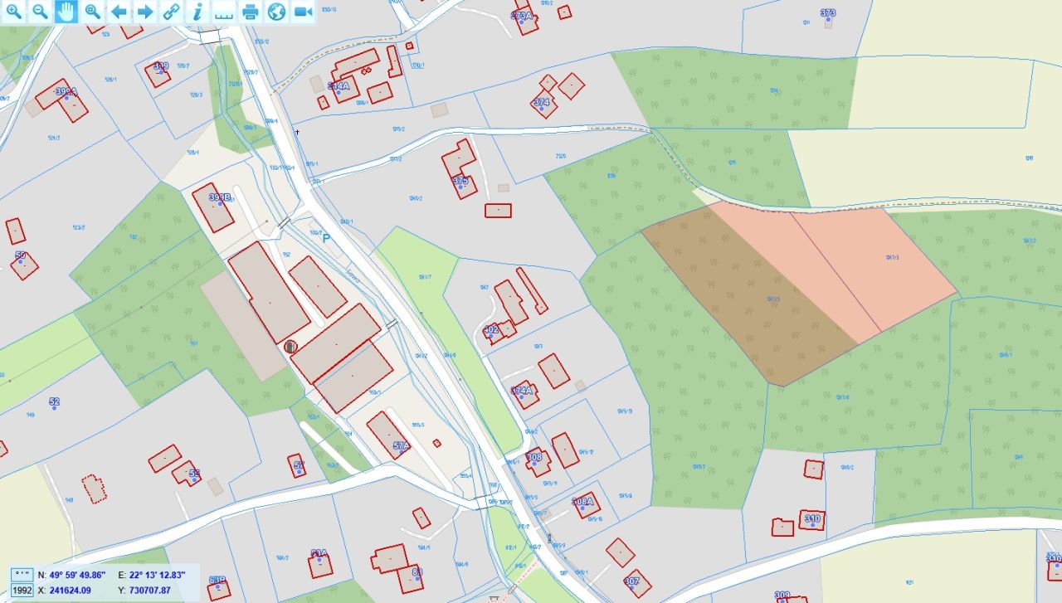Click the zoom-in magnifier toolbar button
pyautogui.click(x=14, y=12)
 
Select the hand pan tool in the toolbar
pyautogui.click(x=66, y=12)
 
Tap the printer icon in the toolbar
pyautogui.click(x=251, y=12)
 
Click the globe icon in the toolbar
pyautogui.click(x=277, y=12)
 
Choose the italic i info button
pyautogui.click(x=197, y=12)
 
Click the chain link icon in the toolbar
pyautogui.click(x=171, y=12)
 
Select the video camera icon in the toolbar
pyautogui.click(x=303, y=12)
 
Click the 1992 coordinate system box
pyautogui.click(x=22, y=591)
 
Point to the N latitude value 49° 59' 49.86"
pyautogui.click(x=77, y=575)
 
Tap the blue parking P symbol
pyautogui.click(x=326, y=237)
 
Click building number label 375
pyautogui.click(x=460, y=181)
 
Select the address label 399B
pyautogui.click(x=219, y=198)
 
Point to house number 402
pyautogui.click(x=491, y=330)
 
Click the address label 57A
pyautogui.click(x=401, y=446)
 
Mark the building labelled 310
pyautogui.click(x=811, y=519)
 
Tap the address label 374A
pyautogui.click(x=522, y=391)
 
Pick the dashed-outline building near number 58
pyautogui.click(x=95, y=489)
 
